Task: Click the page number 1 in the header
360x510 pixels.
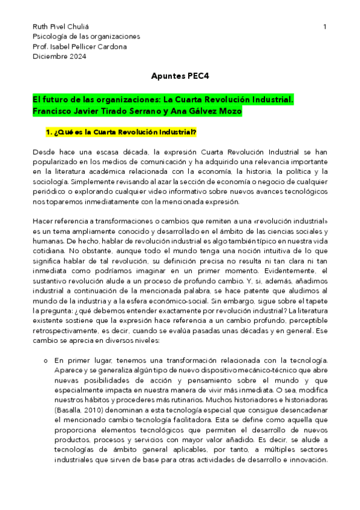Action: [325, 27]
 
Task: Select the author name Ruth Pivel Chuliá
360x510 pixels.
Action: [59, 27]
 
